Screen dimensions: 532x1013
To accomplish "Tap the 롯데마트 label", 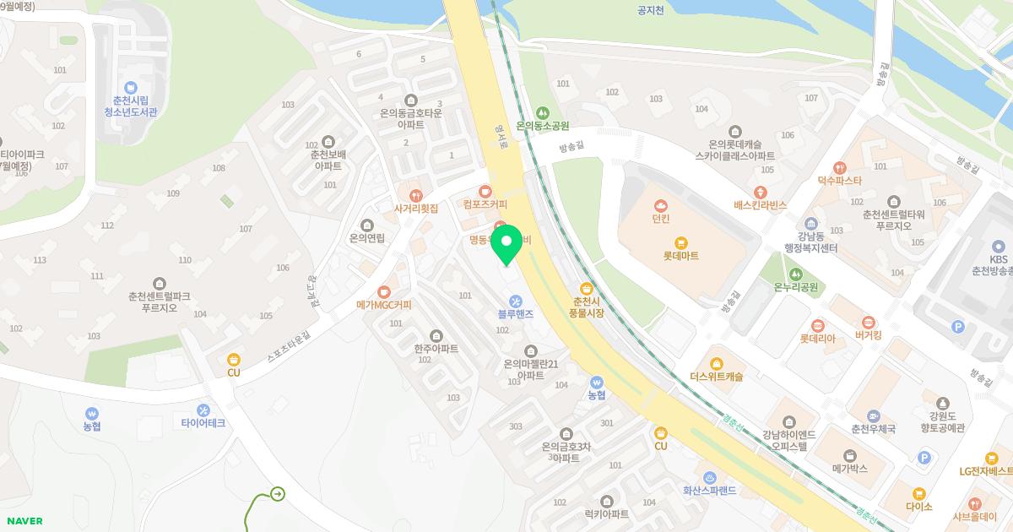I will point(680,256).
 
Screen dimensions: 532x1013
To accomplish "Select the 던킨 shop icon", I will point(661,204).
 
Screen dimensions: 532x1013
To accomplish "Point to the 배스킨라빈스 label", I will point(760,205).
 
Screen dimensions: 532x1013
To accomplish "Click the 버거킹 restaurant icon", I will point(868,321).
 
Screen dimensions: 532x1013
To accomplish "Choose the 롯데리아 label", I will point(817,339).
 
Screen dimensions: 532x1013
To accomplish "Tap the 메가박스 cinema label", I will point(849,468).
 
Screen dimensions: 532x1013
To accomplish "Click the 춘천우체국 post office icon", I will point(873,415).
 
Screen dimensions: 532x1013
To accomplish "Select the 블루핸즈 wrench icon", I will point(515,301).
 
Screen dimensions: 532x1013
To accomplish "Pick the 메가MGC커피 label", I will point(383,305).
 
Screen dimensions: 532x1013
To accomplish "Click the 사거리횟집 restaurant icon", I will point(415,193).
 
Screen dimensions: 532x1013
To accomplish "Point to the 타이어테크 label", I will point(203,423).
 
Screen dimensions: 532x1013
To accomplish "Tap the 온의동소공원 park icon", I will point(544,111).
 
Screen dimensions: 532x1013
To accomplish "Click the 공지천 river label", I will point(651,11).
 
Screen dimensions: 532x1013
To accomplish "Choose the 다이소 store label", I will point(918,507).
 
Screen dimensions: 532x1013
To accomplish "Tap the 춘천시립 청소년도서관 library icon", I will point(130,88).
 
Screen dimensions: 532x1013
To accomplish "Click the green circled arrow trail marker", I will point(278,494).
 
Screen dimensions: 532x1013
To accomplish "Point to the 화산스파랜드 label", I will point(709,490).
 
